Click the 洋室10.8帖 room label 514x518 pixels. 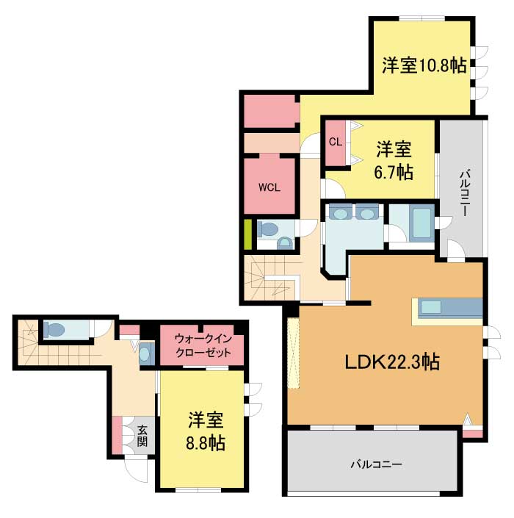(424, 65)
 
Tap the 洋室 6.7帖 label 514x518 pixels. (394, 160)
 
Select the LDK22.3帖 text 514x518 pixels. (392, 362)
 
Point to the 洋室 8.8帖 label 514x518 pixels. (206, 431)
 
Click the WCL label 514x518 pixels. (269, 187)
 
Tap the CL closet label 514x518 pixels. (336, 142)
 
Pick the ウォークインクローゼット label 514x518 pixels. (203, 345)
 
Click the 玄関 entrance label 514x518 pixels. (142, 436)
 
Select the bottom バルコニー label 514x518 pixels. (377, 464)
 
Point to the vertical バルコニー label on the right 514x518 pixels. (466, 193)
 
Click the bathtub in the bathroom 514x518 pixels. (421, 223)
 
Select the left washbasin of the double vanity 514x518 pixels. (341, 213)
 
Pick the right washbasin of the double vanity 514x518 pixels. (366, 213)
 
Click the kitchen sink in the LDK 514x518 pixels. (431, 307)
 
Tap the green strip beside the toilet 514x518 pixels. (247, 235)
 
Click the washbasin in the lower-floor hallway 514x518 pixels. (145, 354)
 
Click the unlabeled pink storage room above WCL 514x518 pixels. (269, 111)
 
